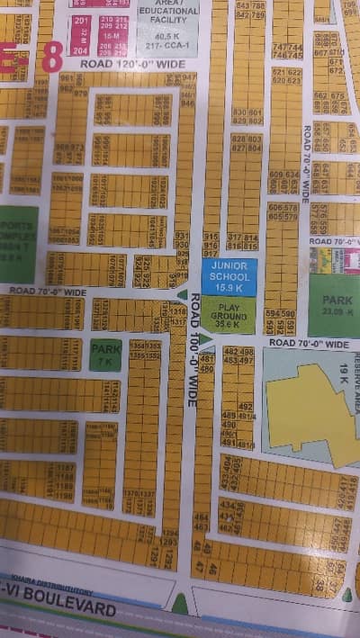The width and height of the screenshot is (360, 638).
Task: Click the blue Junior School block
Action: (228, 276)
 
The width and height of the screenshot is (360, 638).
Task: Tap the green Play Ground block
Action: (228, 315)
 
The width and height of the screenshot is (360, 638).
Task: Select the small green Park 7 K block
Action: (105, 355)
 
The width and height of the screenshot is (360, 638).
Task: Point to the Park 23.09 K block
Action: (334, 304)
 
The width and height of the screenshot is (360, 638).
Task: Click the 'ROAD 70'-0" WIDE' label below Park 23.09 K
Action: (308, 345)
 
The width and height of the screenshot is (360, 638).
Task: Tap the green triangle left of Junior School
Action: (183, 293)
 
